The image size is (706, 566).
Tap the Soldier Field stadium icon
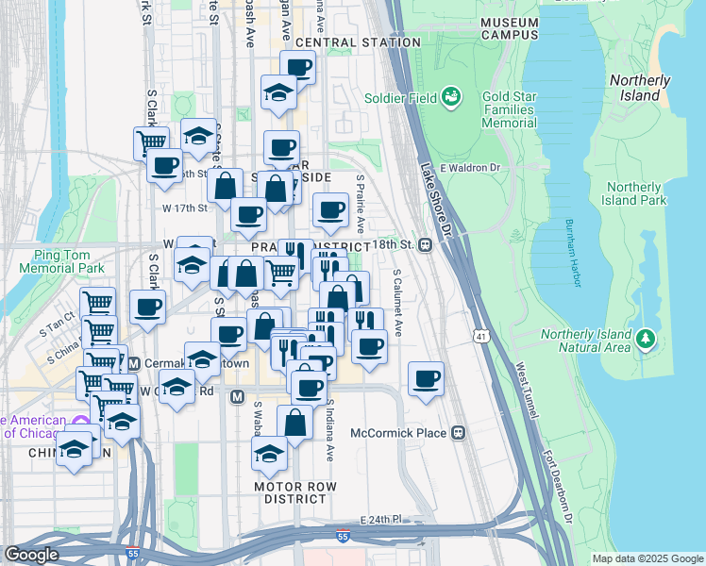[452, 97]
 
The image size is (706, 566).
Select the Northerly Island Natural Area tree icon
[646, 338]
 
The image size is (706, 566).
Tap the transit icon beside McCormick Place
[458, 433]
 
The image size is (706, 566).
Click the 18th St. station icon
[426, 244]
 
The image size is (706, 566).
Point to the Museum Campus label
[509, 27]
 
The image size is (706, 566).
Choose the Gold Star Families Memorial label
[508, 110]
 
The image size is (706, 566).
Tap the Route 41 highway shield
[481, 336]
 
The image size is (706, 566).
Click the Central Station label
[358, 42]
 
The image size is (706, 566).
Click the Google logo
[31, 555]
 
